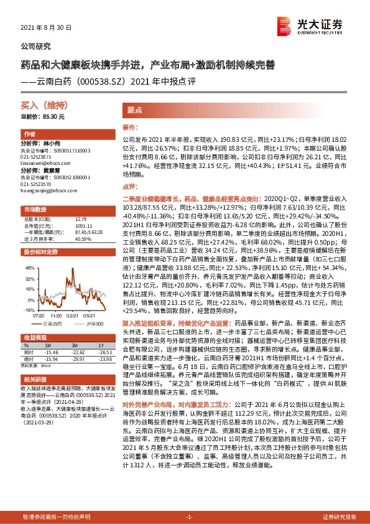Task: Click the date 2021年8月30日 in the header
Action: pyautogui.click(x=47, y=28)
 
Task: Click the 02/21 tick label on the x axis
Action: pyautogui.click(x=76, y=316)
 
